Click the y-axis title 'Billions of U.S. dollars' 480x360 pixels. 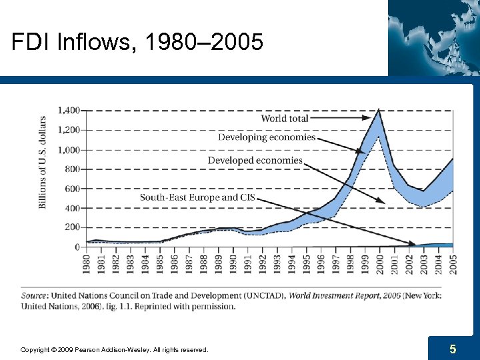click(x=43, y=162)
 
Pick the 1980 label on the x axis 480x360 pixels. click(x=87, y=263)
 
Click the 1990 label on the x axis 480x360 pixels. click(x=233, y=263)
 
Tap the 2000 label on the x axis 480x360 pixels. click(x=379, y=263)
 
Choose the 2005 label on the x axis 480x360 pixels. click(x=453, y=263)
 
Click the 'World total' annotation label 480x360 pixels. click(x=285, y=118)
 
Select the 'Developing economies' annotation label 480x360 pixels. click(x=267, y=137)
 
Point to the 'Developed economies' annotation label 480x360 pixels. click(x=255, y=161)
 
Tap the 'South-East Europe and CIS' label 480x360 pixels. click(x=197, y=197)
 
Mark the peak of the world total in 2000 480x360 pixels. click(x=379, y=110)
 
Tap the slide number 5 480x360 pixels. click(x=453, y=349)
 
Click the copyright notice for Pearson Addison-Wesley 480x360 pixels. click(x=114, y=349)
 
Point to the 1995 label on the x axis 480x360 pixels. click(x=306, y=263)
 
